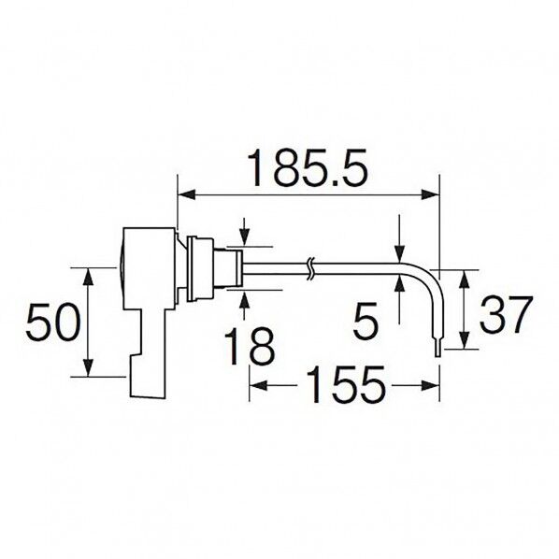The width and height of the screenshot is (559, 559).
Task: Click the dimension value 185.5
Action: (308, 168)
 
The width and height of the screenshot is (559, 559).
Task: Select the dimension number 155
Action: (345, 385)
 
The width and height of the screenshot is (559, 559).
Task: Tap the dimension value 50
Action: (51, 322)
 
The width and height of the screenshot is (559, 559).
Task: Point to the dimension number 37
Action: (507, 314)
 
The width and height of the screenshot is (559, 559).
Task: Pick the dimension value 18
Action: (250, 346)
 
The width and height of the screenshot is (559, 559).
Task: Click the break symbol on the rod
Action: (310, 269)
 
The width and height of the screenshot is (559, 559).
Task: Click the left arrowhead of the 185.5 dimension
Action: (187, 194)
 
